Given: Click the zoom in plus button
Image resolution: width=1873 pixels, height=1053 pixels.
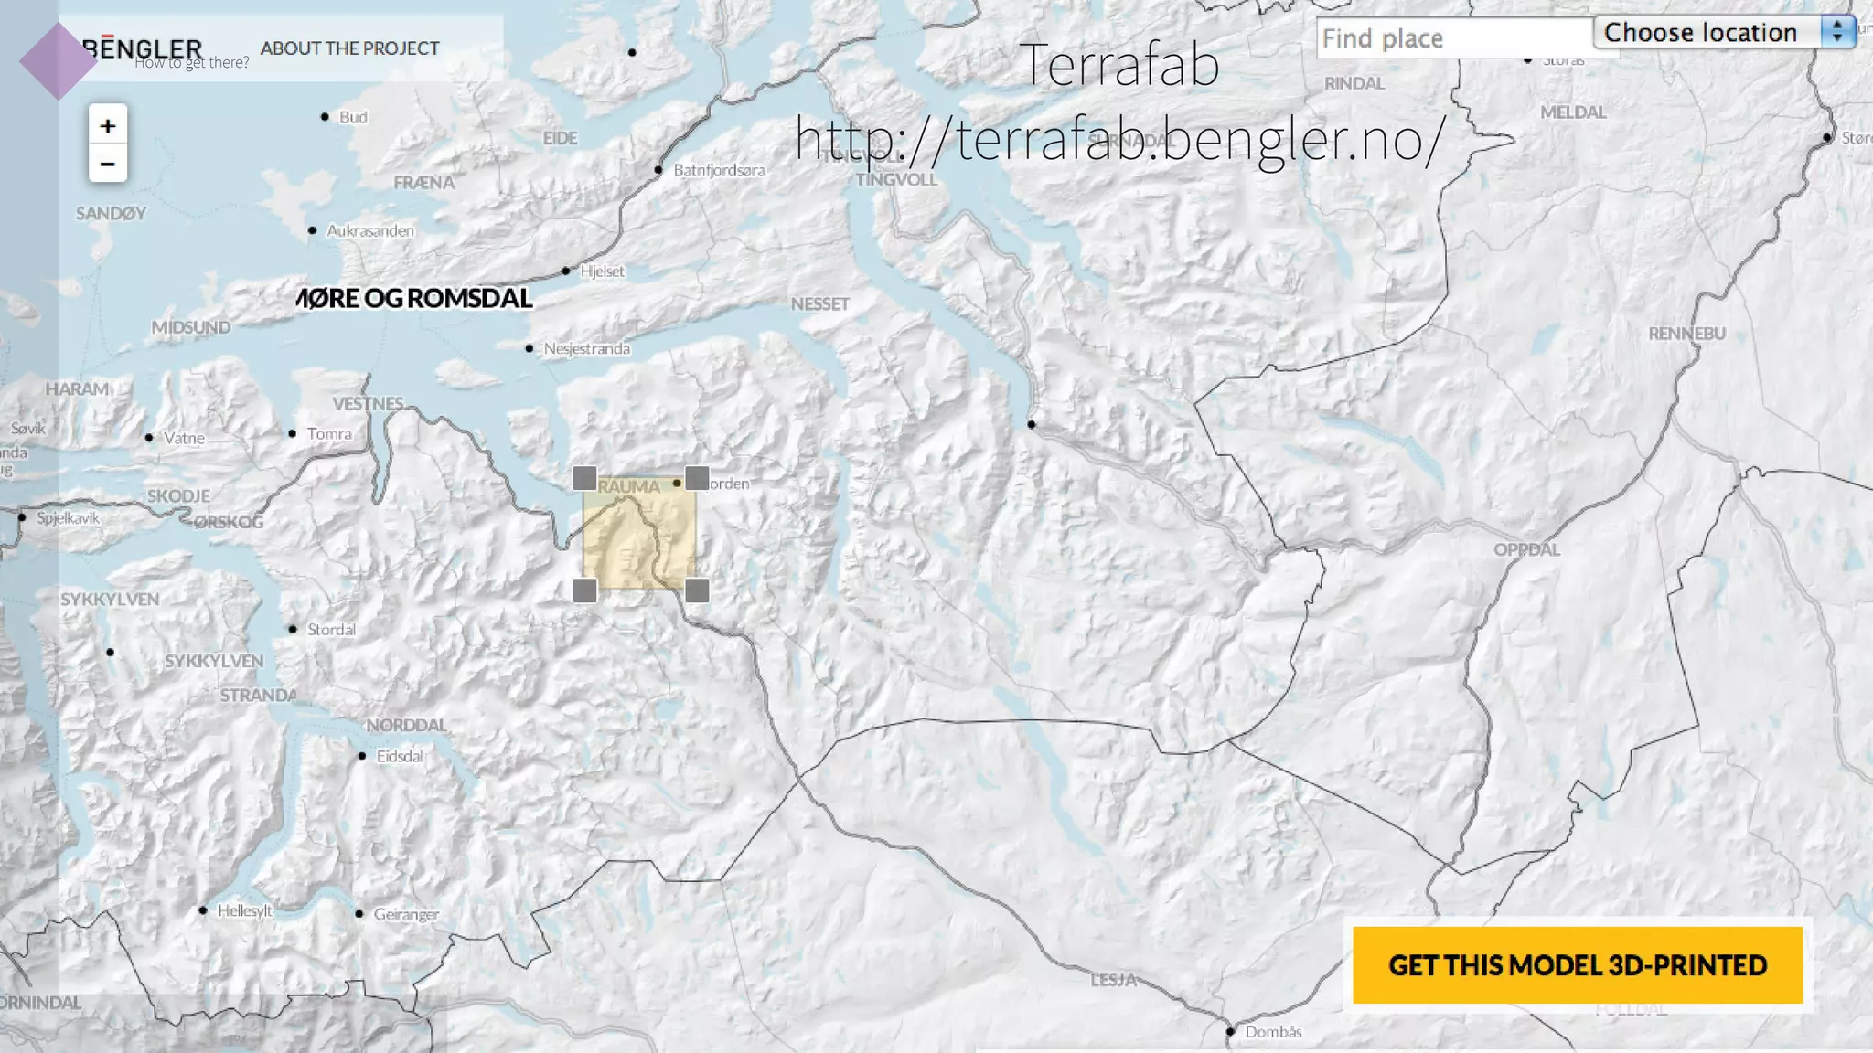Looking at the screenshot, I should click(x=107, y=125).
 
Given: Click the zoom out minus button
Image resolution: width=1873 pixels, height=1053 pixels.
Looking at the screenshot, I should click(x=107, y=165).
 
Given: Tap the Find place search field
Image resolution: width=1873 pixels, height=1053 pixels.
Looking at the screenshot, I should click(x=1454, y=38).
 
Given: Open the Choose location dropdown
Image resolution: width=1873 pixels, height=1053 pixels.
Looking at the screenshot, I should click(x=1724, y=32).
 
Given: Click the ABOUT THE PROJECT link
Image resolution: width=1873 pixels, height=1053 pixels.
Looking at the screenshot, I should click(x=349, y=48).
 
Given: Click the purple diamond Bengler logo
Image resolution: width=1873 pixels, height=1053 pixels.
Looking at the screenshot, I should click(x=58, y=60).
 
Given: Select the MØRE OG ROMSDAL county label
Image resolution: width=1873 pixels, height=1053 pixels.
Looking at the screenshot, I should click(x=415, y=298).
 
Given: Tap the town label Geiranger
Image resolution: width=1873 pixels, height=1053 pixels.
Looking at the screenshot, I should click(x=405, y=914).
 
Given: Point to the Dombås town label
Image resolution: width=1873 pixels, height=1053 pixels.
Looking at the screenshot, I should click(x=1272, y=1032).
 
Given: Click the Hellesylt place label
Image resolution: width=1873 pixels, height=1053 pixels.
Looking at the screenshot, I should click(x=244, y=910).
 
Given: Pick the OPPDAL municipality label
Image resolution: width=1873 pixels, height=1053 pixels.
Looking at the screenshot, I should click(x=1526, y=549).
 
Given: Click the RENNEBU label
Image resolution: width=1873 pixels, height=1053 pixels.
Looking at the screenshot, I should click(x=1686, y=334).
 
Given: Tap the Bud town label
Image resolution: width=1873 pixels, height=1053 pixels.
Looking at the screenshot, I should click(x=352, y=117).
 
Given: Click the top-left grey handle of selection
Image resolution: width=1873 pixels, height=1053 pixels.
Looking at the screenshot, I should click(x=584, y=478).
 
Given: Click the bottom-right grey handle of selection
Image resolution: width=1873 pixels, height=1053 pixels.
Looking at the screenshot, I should click(x=697, y=590).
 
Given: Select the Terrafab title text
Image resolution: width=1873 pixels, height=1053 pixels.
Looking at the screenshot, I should click(x=1118, y=64).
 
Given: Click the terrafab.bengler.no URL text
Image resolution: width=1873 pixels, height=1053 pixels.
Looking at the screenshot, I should click(x=1118, y=139).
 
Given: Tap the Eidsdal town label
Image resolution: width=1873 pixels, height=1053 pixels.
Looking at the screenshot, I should click(x=400, y=756).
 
